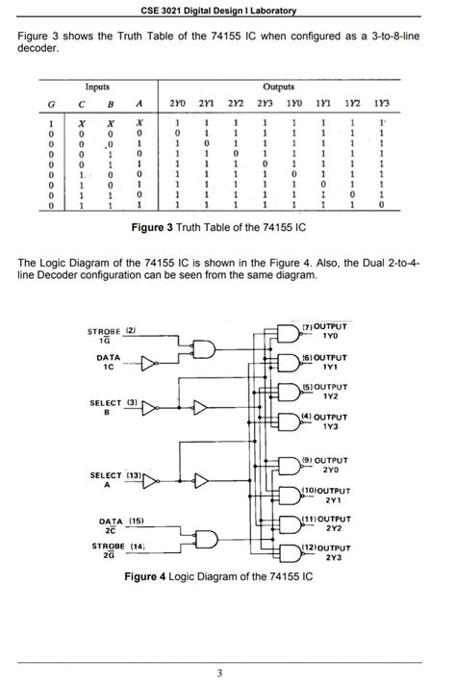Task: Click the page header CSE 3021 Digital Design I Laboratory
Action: (227, 11)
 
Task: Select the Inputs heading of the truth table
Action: (96, 87)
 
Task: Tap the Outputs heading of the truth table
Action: (279, 87)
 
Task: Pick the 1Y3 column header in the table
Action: (382, 103)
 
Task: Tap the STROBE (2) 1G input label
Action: (113, 335)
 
